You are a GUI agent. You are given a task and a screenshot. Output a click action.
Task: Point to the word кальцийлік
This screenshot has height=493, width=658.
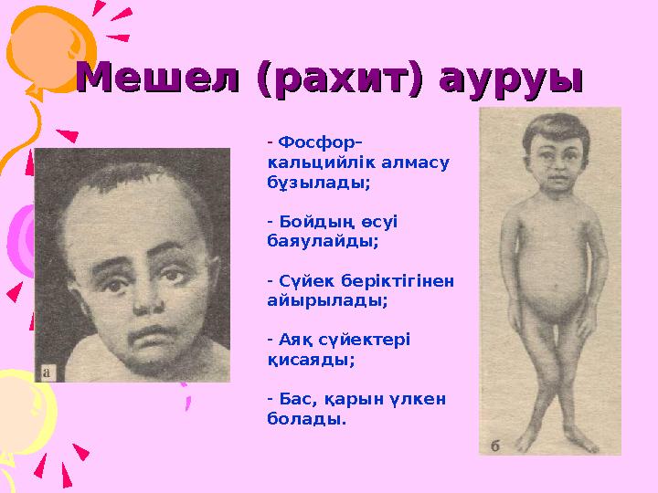click(311, 163)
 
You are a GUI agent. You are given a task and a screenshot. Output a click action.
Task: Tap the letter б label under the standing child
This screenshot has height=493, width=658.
click(495, 445)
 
